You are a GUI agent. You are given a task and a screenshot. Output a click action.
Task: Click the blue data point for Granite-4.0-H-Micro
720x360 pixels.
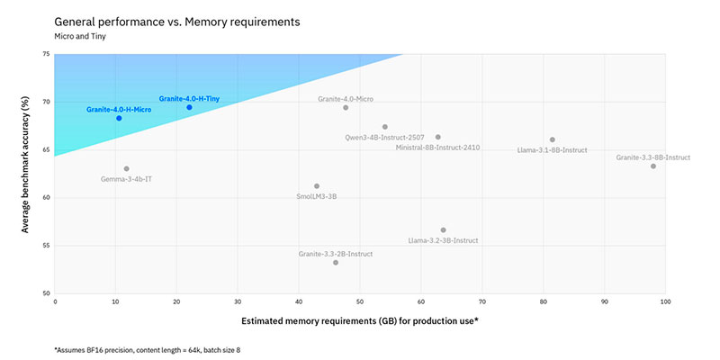(x=119, y=118)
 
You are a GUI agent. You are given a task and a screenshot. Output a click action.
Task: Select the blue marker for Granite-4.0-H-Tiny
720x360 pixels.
(x=189, y=107)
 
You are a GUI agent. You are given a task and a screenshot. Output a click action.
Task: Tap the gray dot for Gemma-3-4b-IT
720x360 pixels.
(x=127, y=168)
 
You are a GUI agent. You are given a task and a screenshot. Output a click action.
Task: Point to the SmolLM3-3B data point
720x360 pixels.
(x=317, y=185)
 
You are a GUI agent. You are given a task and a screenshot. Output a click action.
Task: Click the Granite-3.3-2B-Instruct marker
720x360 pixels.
(x=336, y=262)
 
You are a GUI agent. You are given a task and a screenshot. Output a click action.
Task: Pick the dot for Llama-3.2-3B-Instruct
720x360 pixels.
(x=443, y=229)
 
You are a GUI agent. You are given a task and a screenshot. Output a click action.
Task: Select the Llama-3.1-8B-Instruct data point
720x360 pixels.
(x=552, y=139)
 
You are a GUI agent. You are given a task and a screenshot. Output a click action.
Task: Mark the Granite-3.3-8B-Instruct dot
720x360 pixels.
(x=653, y=166)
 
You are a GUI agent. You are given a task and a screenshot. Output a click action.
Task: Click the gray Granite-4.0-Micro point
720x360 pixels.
(x=346, y=107)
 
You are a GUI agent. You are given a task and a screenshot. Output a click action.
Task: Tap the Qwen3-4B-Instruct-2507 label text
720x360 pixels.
(x=384, y=138)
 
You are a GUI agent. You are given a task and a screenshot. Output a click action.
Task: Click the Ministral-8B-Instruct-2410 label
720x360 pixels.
(x=438, y=147)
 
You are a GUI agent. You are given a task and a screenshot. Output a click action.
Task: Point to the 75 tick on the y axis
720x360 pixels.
(x=46, y=54)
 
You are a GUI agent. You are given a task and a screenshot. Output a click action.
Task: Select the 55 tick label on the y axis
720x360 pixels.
(x=46, y=245)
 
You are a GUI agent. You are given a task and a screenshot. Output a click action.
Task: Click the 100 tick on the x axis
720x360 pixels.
(x=665, y=302)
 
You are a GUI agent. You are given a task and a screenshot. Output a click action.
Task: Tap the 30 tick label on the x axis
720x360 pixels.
(x=238, y=302)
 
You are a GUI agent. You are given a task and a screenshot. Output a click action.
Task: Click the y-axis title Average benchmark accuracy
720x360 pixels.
(x=26, y=174)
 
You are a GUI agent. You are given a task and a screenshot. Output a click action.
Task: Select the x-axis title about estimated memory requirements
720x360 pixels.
(x=359, y=320)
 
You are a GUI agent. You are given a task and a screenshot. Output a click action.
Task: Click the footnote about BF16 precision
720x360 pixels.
(x=148, y=348)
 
